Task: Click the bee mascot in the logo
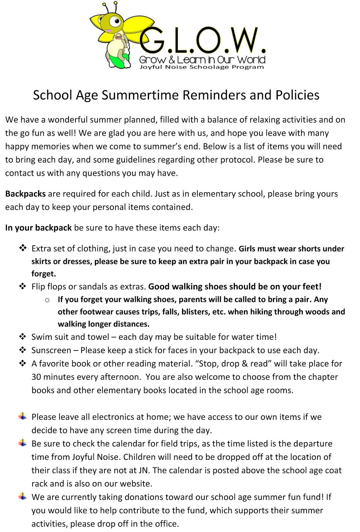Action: coord(113,35)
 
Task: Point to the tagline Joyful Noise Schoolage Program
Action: coord(202,67)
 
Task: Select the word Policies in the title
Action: coord(297,95)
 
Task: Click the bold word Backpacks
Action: coord(25,194)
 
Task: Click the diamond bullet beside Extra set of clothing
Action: coord(23,248)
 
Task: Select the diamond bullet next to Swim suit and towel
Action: coord(23,336)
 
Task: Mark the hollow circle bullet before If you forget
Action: coord(47,300)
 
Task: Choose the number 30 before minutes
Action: coord(36,377)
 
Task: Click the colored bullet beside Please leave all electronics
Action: coord(23,416)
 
